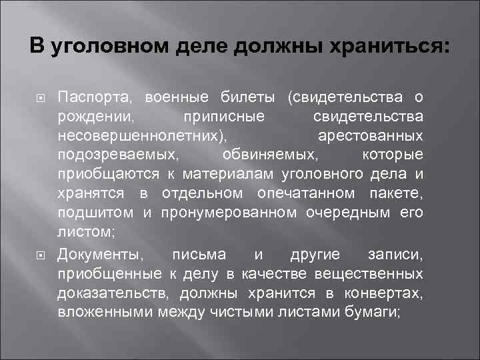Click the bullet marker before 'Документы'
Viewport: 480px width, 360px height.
[39, 255]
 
